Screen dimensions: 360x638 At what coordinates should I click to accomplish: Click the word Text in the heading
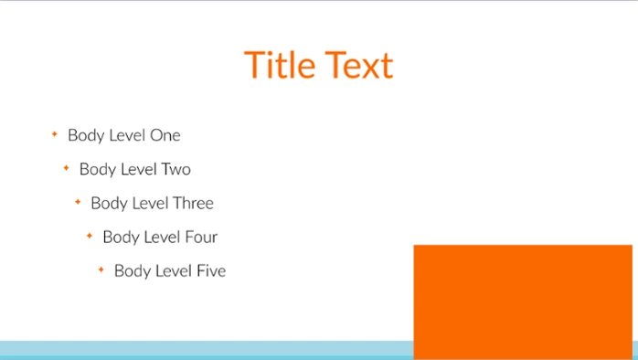[x=358, y=66]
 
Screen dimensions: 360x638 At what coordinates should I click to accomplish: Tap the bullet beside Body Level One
[x=55, y=135]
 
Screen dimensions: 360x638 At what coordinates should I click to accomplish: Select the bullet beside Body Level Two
[x=66, y=169]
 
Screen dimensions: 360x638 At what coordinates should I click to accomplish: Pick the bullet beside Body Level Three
[x=78, y=203]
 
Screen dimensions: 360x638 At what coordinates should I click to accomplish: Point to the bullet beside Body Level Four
[x=90, y=237]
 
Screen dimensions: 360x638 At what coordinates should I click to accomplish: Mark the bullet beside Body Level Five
[x=101, y=270]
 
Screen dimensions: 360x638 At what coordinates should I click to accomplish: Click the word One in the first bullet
[x=165, y=136]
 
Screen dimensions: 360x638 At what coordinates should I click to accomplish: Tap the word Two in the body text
[x=175, y=170]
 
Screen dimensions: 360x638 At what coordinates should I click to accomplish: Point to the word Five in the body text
[x=211, y=271]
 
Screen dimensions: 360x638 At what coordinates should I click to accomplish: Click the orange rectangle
[x=522, y=301]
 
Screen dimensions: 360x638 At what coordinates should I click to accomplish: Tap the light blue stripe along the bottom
[x=201, y=349]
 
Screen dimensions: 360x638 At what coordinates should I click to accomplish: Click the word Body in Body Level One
[x=85, y=136]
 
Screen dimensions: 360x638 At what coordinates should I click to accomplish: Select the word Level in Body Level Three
[x=149, y=204]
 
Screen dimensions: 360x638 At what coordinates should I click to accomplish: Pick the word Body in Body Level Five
[x=132, y=271]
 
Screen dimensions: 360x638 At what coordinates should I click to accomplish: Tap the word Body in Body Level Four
[x=120, y=238]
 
